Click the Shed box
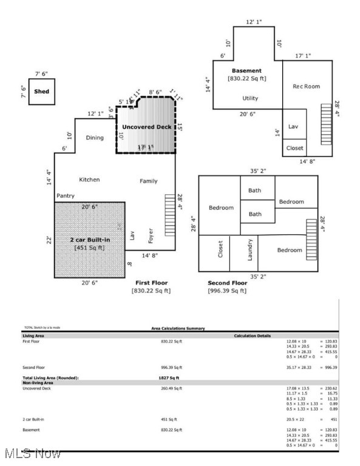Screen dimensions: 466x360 [x=41, y=92]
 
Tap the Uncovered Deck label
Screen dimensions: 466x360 [x=146, y=127]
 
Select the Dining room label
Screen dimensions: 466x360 [x=94, y=138]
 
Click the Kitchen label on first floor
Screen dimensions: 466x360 [x=89, y=180]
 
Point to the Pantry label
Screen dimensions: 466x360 [x=66, y=196]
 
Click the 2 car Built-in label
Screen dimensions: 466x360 [x=89, y=241]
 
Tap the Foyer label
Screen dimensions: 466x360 [x=151, y=235]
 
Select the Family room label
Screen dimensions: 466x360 [x=148, y=181]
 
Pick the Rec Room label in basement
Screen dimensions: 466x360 [x=306, y=86]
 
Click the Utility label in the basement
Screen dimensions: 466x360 [x=250, y=98]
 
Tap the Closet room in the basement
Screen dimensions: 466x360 [x=294, y=148]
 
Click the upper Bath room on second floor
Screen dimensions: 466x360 [x=254, y=191]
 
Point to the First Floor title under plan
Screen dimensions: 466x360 [x=151, y=283]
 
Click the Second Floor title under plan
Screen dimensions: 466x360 [x=227, y=283]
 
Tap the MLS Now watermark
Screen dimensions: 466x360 [x=31, y=453]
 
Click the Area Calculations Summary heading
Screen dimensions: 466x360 [x=178, y=328]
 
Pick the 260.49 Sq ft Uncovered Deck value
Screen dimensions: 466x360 [x=171, y=388]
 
